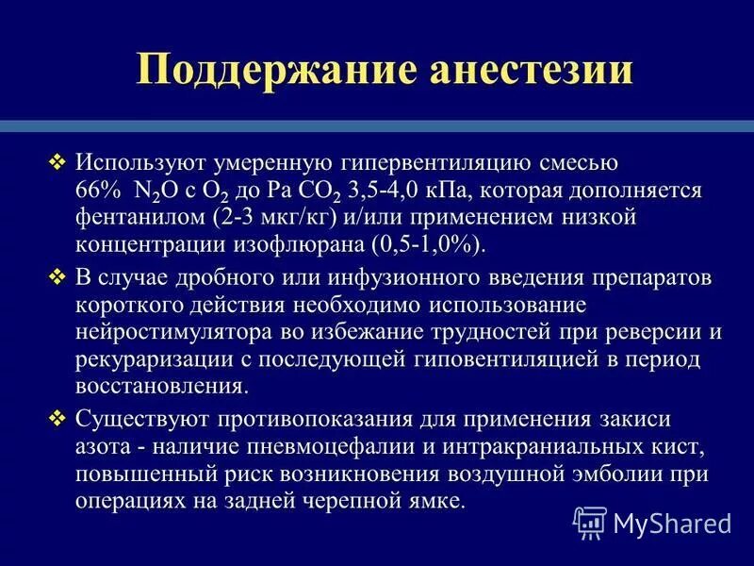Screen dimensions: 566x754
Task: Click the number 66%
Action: [97, 191]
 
